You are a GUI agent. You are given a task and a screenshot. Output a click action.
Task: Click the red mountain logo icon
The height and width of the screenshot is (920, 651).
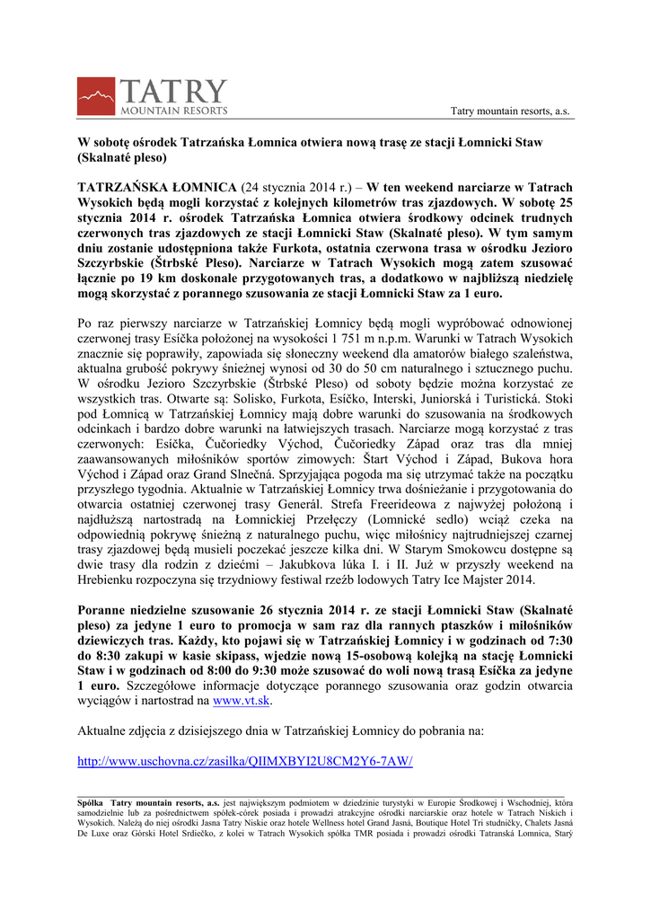coord(96,95)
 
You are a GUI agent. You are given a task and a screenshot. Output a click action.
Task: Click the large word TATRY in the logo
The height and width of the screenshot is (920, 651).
coord(174,91)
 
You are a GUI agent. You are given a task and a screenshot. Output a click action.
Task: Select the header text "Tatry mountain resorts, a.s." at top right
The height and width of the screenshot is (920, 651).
coord(509,111)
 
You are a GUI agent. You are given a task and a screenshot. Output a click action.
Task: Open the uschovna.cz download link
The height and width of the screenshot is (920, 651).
coord(245,761)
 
